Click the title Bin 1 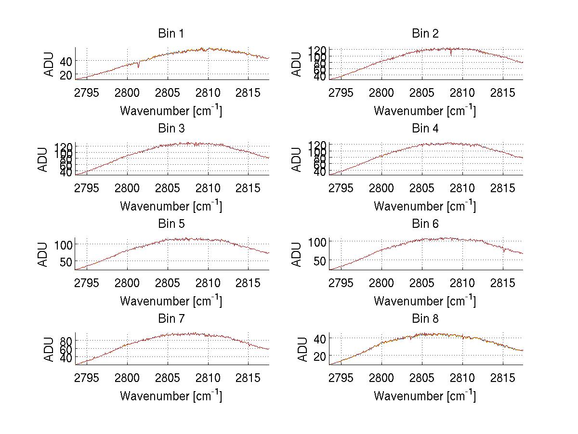tap(171, 34)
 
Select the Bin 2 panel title tap(425, 34)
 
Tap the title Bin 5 tap(171, 224)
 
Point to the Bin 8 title tap(425, 319)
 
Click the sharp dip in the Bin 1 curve tap(139, 66)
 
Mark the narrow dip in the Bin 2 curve tap(451, 53)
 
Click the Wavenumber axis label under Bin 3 tap(171, 206)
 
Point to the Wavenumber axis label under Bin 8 tap(425, 396)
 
